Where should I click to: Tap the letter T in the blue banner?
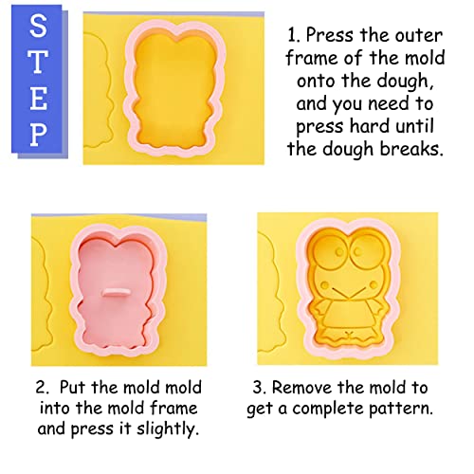point(36,64)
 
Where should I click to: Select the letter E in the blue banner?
point(36,99)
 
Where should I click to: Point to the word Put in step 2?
point(89,388)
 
